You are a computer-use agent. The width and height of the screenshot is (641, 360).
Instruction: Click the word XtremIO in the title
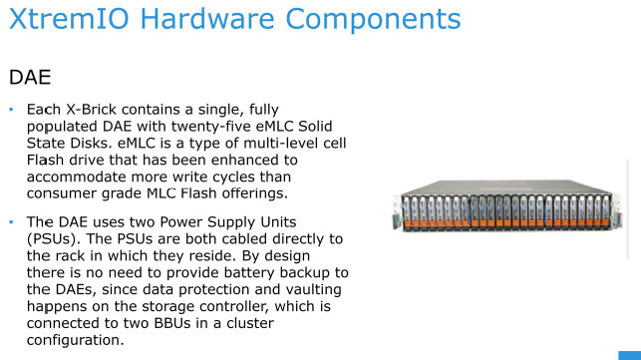coord(68,20)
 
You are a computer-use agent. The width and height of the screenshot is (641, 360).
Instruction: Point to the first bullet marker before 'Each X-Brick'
coord(11,108)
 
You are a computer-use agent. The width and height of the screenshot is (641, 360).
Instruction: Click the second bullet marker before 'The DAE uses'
coord(11,221)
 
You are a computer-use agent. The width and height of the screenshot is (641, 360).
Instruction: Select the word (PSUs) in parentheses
coord(59,238)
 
